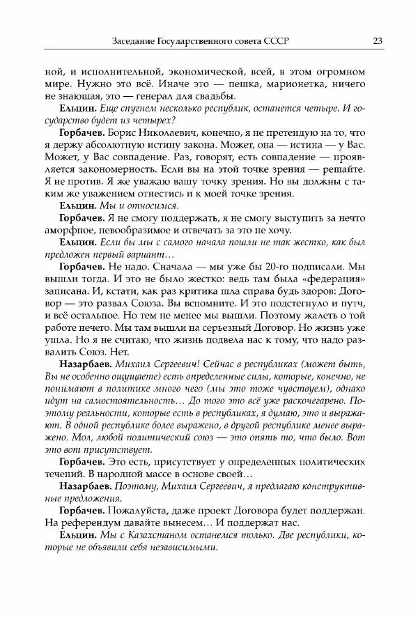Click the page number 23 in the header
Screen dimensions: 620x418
377,40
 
